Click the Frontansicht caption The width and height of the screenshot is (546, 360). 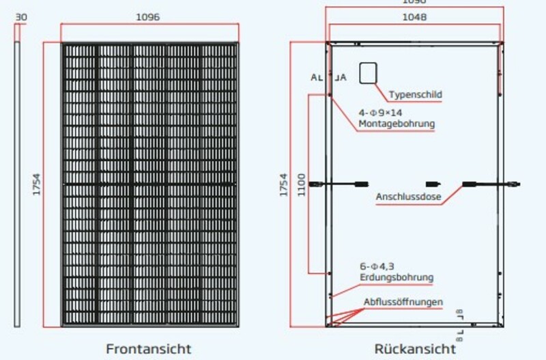click(148, 348)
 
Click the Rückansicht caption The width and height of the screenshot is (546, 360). click(414, 348)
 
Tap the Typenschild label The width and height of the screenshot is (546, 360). click(415, 94)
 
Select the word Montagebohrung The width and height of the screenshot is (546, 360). click(396, 124)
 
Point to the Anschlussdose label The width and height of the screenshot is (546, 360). click(408, 198)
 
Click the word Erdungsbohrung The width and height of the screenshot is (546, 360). click(396, 277)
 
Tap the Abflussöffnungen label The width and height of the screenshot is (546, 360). click(403, 302)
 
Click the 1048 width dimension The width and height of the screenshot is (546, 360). click(414, 18)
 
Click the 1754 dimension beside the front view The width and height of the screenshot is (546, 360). click(37, 184)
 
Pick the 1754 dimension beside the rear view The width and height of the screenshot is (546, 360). click(283, 184)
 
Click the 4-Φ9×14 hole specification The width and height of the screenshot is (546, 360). click(381, 113)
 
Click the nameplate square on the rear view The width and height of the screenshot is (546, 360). click(369, 72)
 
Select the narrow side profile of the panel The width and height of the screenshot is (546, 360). click(19, 184)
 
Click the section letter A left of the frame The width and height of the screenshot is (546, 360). click(313, 78)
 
